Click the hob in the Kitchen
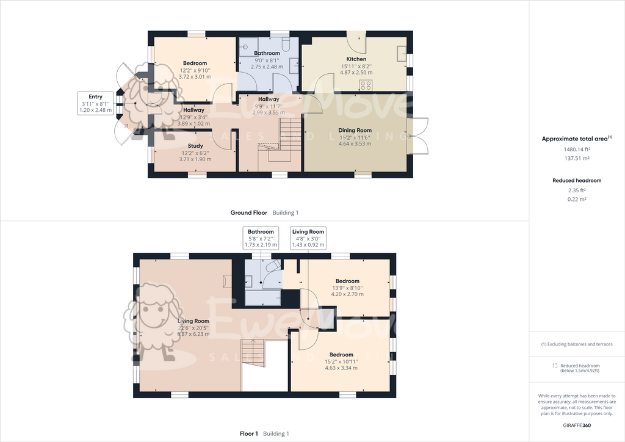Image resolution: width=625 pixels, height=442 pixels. click(366, 84)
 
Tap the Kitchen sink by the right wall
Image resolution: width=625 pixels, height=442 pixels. click(402, 54)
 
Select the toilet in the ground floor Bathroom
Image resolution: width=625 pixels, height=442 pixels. click(287, 46)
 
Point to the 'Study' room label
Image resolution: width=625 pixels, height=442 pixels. click(195, 146)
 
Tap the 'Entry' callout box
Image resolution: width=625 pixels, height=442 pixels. click(95, 103)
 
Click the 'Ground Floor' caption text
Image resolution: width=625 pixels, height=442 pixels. click(248, 212)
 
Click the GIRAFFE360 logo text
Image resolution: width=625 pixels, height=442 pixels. click(577, 426)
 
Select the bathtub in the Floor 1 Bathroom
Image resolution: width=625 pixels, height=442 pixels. click(263, 297)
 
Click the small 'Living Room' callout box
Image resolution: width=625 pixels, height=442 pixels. click(308, 237)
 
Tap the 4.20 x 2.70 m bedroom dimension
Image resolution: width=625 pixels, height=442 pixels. click(347, 294)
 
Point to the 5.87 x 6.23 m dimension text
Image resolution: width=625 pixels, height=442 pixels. click(193, 334)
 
